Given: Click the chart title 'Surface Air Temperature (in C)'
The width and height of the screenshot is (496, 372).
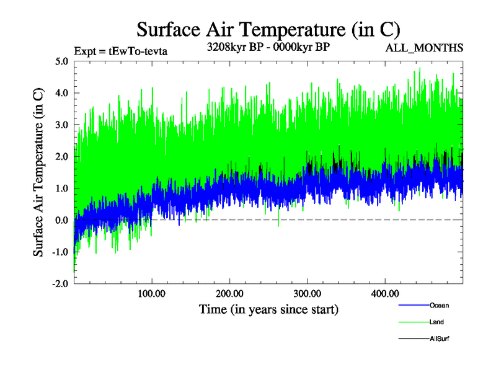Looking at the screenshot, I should click(268, 29).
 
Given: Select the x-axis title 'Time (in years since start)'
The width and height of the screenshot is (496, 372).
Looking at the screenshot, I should click(268, 309).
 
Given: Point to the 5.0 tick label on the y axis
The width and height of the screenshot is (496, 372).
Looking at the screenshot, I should click(62, 61).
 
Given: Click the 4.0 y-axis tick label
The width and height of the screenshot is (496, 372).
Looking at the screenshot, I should click(62, 93).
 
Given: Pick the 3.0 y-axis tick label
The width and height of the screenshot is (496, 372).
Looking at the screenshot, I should click(62, 125).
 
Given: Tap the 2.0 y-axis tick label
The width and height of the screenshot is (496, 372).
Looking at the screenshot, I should click(62, 156).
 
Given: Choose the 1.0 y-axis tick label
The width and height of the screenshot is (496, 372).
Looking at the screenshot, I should click(62, 188).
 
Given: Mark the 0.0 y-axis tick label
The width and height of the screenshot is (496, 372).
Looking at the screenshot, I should click(62, 220).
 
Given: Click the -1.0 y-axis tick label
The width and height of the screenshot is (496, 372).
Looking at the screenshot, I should click(60, 252).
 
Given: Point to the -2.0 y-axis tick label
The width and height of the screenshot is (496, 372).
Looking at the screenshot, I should click(60, 283).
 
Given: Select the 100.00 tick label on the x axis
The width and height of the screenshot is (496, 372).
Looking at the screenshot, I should click(152, 293).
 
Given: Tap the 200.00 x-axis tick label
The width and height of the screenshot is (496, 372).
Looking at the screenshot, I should click(229, 293).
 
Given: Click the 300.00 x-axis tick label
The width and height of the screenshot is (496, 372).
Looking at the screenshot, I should click(307, 293).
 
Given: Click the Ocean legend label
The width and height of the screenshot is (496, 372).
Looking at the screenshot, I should click(439, 305).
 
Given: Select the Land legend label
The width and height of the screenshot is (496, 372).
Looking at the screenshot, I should click(436, 322).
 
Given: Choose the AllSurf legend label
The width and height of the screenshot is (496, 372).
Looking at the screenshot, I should click(439, 339).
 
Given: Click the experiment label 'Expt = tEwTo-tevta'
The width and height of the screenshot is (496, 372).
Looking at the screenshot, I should click(121, 51).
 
